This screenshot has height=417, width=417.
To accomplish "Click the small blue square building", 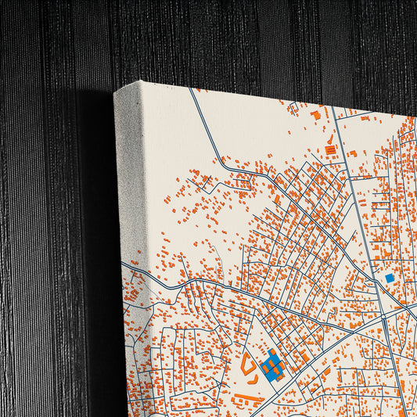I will tap(390, 278).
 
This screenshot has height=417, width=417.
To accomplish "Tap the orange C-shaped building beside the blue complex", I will tap(247, 361).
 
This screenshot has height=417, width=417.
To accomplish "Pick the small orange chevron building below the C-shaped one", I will tap(253, 379).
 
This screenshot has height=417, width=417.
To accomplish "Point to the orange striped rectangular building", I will tap(330, 149).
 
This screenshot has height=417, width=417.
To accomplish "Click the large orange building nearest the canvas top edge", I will tap(315, 114).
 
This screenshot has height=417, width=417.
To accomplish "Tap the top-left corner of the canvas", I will tap(116, 92).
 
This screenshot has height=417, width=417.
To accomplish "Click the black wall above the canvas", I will tap(235, 39).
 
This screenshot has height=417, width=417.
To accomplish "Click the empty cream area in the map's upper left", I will tap(168, 141).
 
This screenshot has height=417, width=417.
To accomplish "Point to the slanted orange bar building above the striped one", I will tap(330, 138).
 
